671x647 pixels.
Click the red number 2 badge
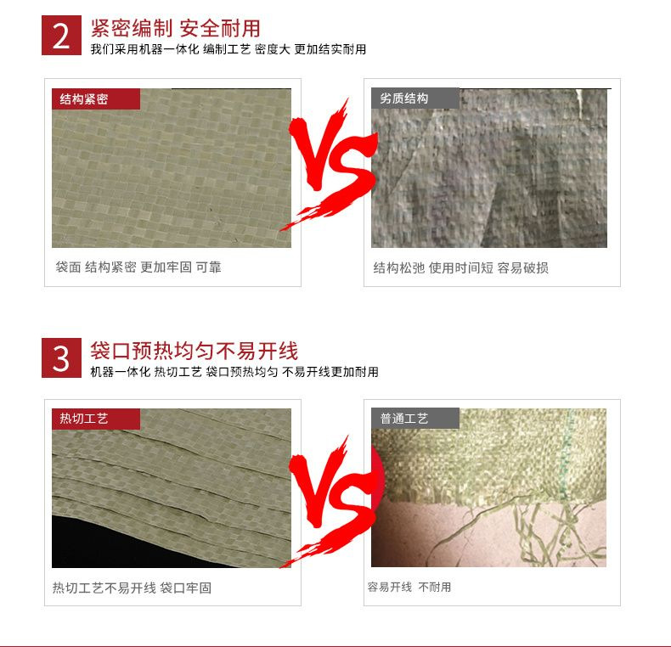60,36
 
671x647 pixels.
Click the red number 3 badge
60,357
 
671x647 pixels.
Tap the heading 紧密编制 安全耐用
175,29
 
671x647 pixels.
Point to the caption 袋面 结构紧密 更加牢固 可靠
138,267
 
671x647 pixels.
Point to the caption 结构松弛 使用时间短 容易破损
460,268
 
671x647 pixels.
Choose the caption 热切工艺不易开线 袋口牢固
132,588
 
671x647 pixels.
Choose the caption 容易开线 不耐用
409,588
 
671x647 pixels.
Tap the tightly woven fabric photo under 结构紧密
170,178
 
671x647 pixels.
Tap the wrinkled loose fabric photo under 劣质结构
488,178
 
